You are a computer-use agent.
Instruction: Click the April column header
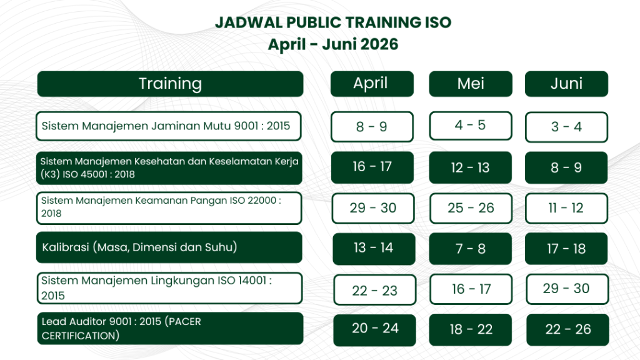372,84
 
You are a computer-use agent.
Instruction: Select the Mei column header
471,84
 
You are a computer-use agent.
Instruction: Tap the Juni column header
566,84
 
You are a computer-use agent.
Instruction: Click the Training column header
170,84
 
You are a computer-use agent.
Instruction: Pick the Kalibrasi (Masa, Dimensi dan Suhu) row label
169,247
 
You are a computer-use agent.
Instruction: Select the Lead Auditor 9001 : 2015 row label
170,329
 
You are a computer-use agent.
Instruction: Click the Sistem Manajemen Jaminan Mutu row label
169,126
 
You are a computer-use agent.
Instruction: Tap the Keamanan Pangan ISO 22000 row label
169,208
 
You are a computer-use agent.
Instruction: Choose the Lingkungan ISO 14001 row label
169,288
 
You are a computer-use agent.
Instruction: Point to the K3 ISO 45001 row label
169,167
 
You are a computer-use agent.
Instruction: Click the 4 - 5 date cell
471,126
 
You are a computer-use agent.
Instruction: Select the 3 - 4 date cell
566,127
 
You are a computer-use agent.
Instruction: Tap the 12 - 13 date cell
470,167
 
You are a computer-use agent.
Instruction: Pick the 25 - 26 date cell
471,208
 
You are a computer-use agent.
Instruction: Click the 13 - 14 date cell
374,249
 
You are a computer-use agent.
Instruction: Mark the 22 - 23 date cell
375,290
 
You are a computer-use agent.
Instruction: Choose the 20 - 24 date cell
375,330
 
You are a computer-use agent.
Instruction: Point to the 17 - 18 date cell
566,249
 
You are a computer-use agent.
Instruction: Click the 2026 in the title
379,44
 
